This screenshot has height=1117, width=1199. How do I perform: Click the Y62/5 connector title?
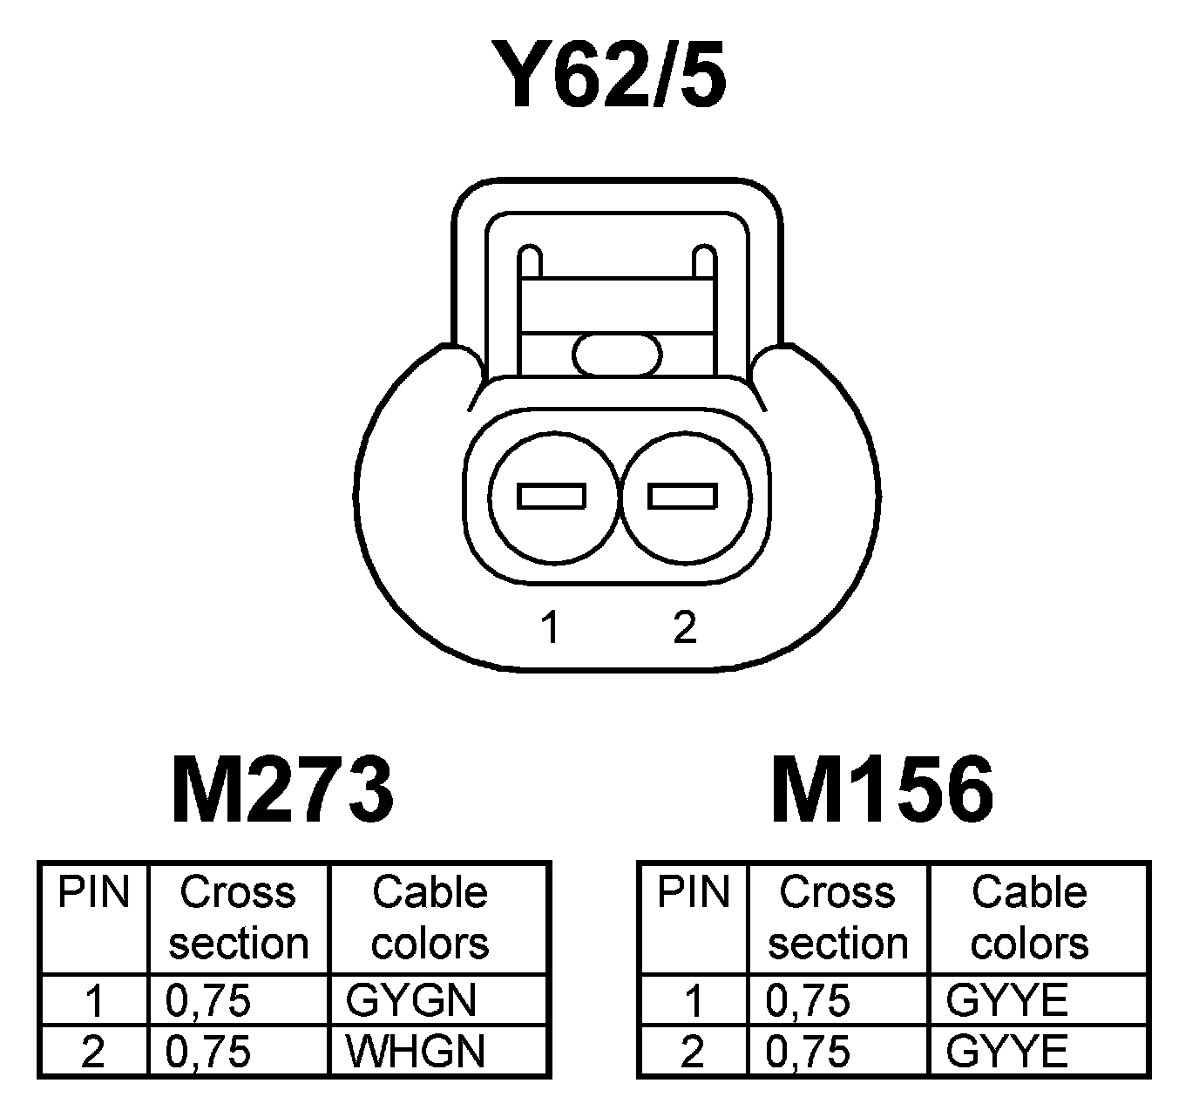(607, 76)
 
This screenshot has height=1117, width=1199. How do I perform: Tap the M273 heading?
(282, 790)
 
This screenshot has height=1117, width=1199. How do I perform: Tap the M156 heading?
(882, 790)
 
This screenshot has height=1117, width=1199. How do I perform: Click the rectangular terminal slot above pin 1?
(551, 496)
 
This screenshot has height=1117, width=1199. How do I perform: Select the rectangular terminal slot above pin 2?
(682, 496)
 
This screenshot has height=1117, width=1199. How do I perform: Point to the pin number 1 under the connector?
(549, 627)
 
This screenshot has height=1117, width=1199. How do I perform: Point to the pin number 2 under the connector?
(685, 627)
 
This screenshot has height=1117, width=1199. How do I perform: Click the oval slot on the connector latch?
(618, 355)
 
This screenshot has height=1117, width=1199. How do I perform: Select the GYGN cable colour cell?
(411, 1000)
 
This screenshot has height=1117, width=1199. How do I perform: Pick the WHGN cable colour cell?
(415, 1052)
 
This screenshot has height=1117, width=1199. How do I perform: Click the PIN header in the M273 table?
(93, 893)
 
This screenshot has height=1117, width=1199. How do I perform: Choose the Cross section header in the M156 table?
(837, 917)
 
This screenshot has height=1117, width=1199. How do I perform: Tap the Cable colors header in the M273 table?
(430, 917)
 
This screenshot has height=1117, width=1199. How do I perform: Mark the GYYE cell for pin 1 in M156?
(1006, 1000)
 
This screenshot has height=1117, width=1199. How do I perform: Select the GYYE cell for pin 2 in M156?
(1006, 1052)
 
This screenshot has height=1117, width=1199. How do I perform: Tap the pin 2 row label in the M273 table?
(92, 1052)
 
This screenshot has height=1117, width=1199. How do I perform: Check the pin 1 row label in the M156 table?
(693, 1000)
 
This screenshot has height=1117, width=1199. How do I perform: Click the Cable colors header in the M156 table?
(1029, 917)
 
